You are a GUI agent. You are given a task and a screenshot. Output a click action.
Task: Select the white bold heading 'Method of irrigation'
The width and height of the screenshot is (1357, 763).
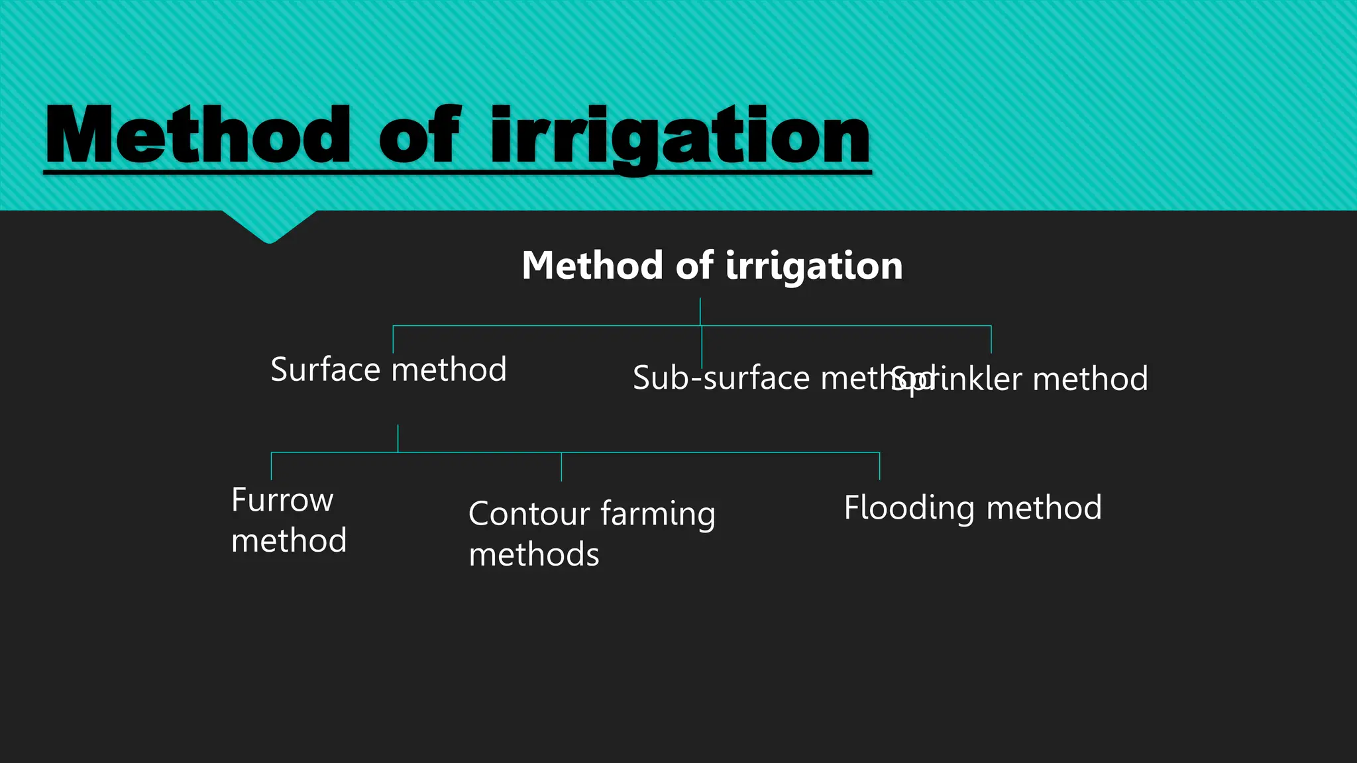tap(712, 266)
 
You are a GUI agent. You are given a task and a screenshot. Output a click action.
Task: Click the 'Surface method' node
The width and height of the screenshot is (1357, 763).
tap(388, 370)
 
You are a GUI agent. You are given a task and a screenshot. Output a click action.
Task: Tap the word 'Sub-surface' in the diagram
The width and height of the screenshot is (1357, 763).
tap(721, 378)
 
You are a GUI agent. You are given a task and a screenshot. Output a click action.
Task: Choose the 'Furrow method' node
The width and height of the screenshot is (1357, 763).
tap(288, 520)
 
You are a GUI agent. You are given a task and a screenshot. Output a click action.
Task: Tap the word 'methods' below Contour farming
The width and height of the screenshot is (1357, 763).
tap(533, 555)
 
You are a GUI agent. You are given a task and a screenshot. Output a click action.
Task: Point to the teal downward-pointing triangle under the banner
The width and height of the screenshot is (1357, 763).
tap(269, 227)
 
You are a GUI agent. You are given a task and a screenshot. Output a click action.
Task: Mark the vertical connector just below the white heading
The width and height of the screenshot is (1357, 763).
tap(700, 311)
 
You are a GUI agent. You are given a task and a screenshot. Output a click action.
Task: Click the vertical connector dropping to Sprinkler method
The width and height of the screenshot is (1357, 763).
tap(991, 339)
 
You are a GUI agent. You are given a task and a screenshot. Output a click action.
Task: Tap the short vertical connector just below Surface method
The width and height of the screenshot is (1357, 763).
tap(398, 438)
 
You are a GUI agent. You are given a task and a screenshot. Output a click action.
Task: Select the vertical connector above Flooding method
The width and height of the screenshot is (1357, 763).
tap(879, 466)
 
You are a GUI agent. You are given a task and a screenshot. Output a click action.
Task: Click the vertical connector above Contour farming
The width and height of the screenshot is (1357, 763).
tap(561, 466)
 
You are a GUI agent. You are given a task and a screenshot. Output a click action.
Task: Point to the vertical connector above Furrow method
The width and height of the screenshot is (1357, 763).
tap(272, 466)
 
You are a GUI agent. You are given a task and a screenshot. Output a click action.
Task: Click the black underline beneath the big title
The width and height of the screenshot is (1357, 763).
tap(457, 172)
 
